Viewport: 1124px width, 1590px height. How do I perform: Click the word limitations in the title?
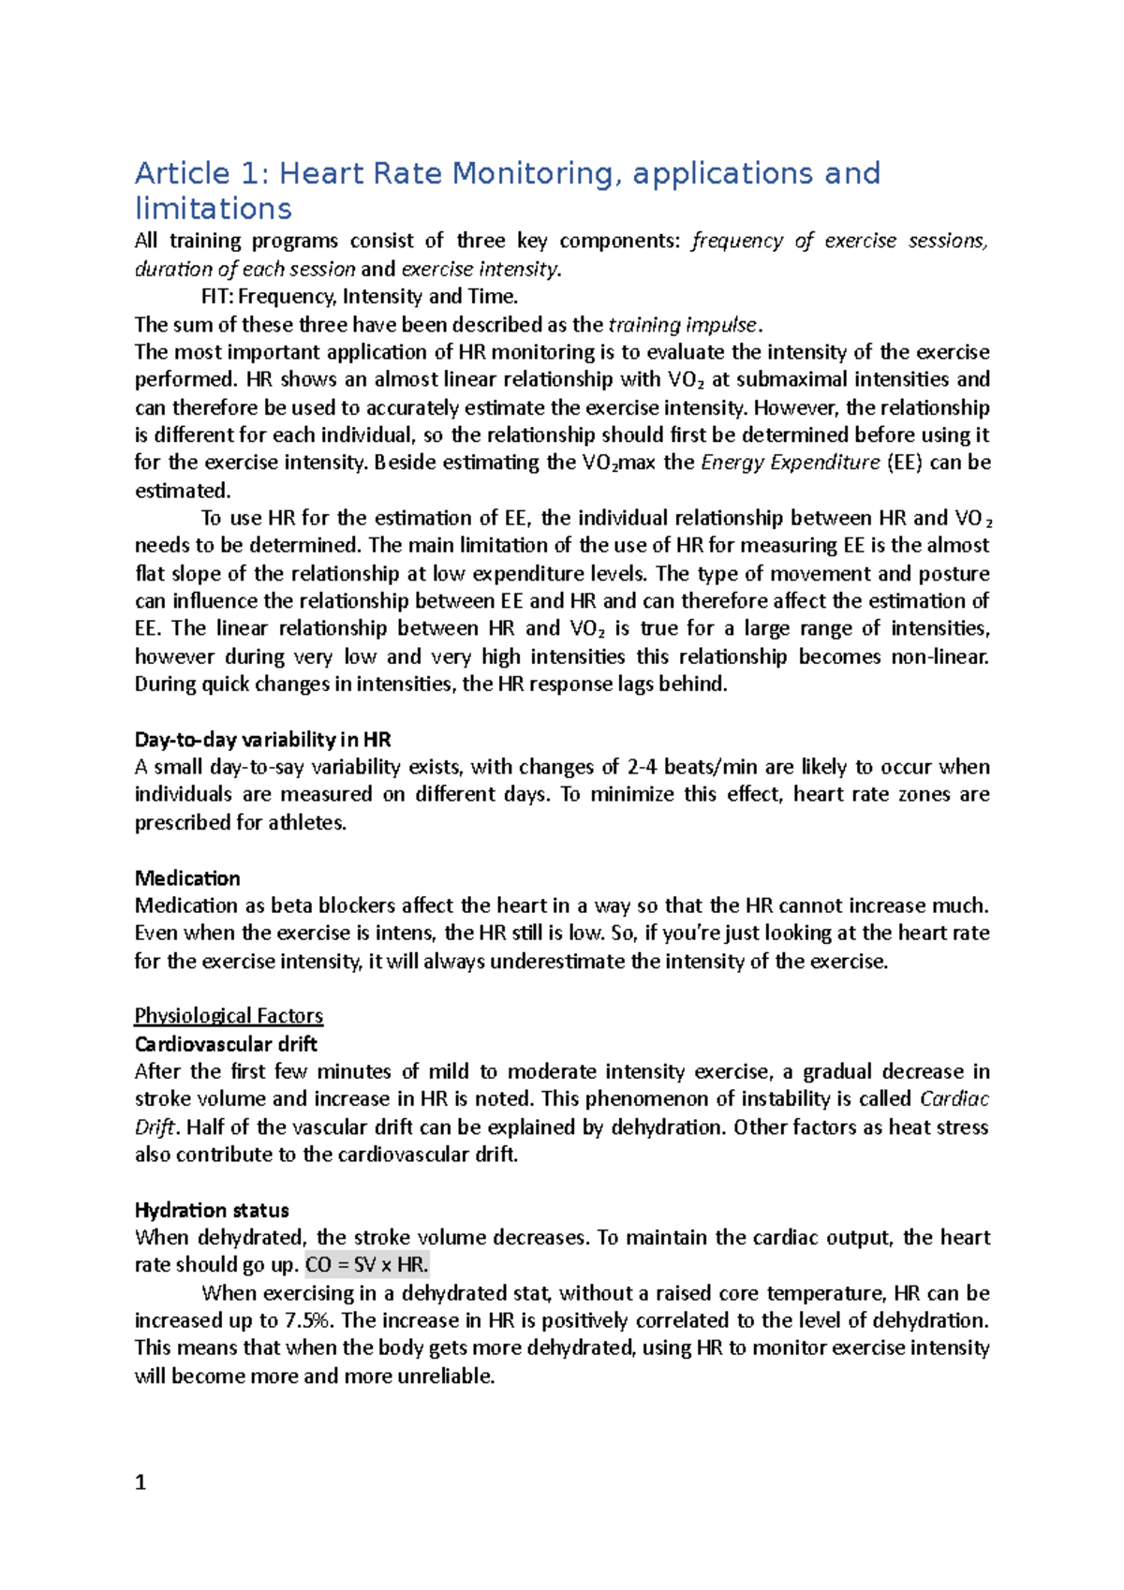pos(214,209)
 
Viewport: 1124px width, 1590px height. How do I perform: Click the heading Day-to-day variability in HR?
pos(262,740)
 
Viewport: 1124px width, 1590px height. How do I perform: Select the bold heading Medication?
pos(187,878)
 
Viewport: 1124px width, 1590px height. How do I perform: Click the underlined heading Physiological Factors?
pos(229,1016)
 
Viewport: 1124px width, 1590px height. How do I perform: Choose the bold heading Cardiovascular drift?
pos(226,1044)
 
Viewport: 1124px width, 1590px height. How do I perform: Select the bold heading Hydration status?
pos(212,1210)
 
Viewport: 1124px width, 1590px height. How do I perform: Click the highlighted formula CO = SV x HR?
pos(367,1265)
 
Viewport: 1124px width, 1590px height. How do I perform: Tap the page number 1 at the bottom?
pos(140,1482)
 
